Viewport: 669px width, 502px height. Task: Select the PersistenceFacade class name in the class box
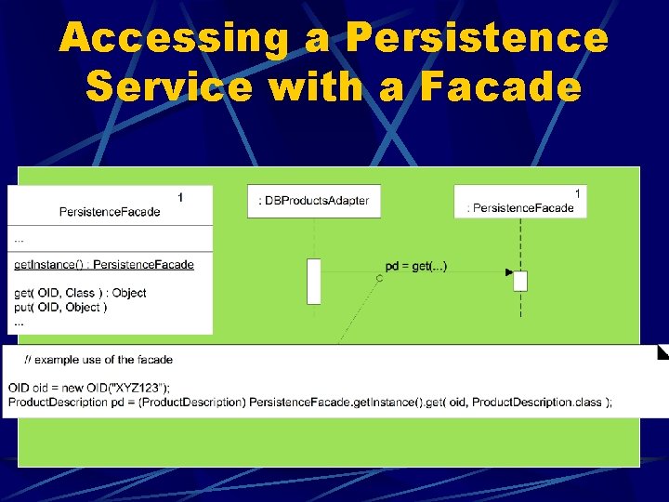[110, 212]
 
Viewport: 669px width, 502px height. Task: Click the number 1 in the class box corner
[180, 196]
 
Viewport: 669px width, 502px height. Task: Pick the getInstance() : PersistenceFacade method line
[104, 265]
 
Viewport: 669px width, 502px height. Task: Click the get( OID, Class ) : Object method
[80, 293]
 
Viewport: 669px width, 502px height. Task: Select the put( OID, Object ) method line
[60, 308]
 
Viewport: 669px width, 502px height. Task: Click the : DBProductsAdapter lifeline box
[314, 201]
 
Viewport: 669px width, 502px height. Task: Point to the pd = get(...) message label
[416, 267]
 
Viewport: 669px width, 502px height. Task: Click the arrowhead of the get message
[508, 272]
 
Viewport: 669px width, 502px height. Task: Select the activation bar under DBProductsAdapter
[314, 282]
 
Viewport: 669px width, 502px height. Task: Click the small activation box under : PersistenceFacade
[520, 281]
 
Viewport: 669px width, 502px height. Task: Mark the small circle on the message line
[379, 279]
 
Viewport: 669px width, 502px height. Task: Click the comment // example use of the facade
[98, 360]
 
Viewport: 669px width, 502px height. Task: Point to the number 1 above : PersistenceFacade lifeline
[577, 193]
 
